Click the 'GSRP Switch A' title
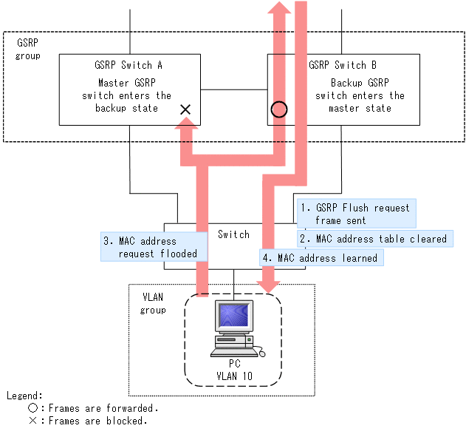tap(129, 65)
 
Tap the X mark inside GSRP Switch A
tap(185, 109)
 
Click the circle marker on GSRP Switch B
tap(278, 110)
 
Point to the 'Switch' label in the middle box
tap(233, 234)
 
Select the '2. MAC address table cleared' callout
tap(376, 239)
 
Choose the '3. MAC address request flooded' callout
tap(153, 247)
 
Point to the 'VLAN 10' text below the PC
tap(234, 376)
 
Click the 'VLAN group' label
tap(153, 303)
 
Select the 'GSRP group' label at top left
tap(28, 50)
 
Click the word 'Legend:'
tap(24, 396)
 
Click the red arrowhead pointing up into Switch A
tap(185, 130)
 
